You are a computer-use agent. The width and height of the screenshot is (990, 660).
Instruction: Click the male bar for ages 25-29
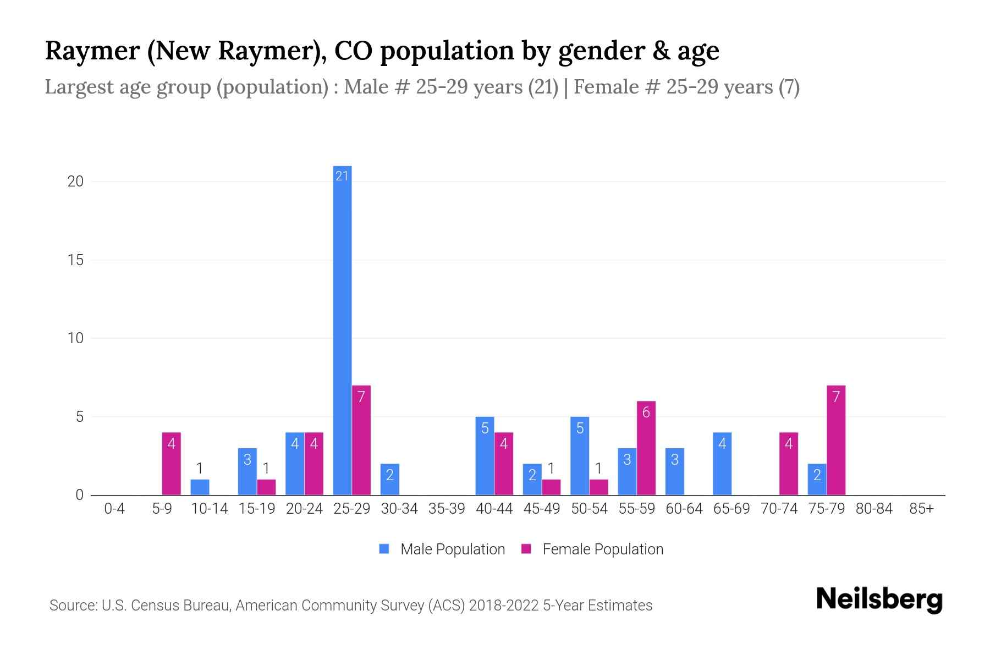click(342, 330)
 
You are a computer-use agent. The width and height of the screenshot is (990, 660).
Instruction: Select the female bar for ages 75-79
click(835, 440)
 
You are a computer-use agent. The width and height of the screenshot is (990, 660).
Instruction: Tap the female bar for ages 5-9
click(171, 464)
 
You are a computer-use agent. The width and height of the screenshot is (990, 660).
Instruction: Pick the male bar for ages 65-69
click(722, 464)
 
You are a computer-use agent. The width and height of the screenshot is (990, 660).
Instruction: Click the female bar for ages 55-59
click(646, 448)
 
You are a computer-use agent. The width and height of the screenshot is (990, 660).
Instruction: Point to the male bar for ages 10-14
click(200, 487)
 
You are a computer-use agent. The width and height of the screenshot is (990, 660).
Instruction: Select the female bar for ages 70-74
click(788, 464)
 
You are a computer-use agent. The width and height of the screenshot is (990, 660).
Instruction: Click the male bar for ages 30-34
click(389, 479)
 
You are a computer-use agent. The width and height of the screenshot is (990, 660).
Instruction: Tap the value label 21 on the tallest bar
click(342, 176)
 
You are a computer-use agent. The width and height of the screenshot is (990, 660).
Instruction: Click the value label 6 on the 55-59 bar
click(646, 413)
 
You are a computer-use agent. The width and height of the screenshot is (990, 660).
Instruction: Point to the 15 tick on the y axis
click(75, 260)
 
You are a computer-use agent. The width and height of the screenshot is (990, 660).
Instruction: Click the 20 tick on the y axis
click(75, 182)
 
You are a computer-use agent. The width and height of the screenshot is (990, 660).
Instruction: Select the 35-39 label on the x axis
click(447, 509)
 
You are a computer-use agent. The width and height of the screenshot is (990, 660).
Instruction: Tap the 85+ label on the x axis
click(921, 509)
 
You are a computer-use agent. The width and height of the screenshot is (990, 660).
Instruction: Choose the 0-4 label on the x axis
click(114, 509)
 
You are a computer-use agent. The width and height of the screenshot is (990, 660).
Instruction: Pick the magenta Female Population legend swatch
click(526, 549)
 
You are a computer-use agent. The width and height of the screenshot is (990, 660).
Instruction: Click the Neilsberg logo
click(879, 599)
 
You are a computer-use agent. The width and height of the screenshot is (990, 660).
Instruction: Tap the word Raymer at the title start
click(92, 51)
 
